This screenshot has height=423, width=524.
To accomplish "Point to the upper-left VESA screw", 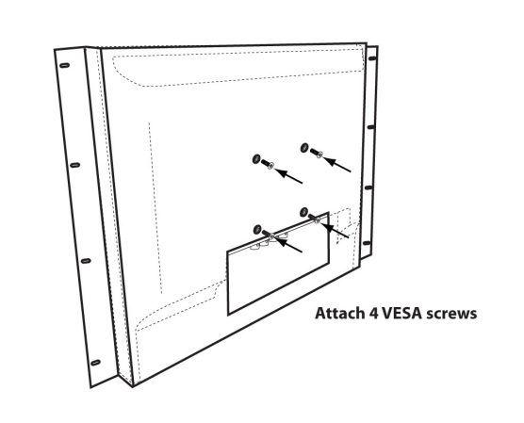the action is (x=268, y=164).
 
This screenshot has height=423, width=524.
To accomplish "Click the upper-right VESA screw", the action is (x=316, y=153).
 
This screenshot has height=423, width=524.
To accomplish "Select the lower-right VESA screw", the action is (x=315, y=218).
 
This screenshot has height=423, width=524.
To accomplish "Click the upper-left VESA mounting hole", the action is (x=256, y=159).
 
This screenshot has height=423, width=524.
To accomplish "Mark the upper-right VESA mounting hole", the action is (x=304, y=147).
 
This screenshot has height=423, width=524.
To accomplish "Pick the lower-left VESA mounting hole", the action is (x=257, y=230).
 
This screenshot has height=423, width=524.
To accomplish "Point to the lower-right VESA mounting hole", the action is (x=303, y=212).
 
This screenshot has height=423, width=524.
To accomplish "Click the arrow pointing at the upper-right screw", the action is (x=337, y=165).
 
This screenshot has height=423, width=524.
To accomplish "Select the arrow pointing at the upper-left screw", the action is (x=288, y=176).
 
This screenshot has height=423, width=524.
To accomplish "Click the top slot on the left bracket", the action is (x=65, y=65).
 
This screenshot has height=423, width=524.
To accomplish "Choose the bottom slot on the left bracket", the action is (x=95, y=362).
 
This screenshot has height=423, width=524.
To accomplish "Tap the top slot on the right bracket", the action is (x=372, y=58).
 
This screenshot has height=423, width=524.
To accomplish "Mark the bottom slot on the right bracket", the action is (x=367, y=243).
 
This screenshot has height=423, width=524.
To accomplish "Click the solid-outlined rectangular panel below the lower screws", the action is (x=278, y=264).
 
